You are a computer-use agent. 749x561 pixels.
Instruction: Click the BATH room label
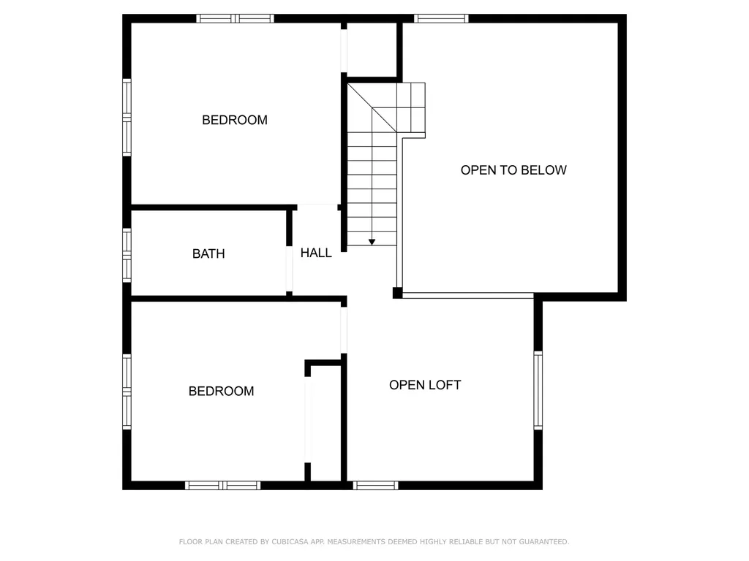208,253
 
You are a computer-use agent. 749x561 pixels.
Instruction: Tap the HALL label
316,253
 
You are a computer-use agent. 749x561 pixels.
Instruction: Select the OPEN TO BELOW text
513,170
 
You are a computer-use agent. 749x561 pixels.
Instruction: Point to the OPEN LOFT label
425,385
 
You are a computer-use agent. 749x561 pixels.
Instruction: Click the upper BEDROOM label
235,120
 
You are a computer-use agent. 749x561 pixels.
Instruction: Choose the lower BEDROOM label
221,391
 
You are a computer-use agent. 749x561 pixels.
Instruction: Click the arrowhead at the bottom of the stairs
372,241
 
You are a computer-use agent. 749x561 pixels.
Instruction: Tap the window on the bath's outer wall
127,255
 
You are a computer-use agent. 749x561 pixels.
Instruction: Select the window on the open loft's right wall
538,389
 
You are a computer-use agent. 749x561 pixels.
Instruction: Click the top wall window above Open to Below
441,18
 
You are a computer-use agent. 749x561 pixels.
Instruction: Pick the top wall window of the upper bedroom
236,18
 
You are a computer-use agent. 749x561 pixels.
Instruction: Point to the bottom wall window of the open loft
375,485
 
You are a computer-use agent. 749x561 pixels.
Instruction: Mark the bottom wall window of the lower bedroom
222,485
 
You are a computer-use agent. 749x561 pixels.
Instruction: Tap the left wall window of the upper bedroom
127,117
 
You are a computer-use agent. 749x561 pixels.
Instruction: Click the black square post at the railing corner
397,293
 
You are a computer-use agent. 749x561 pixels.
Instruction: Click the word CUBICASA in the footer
290,542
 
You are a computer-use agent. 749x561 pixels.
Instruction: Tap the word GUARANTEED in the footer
543,542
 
